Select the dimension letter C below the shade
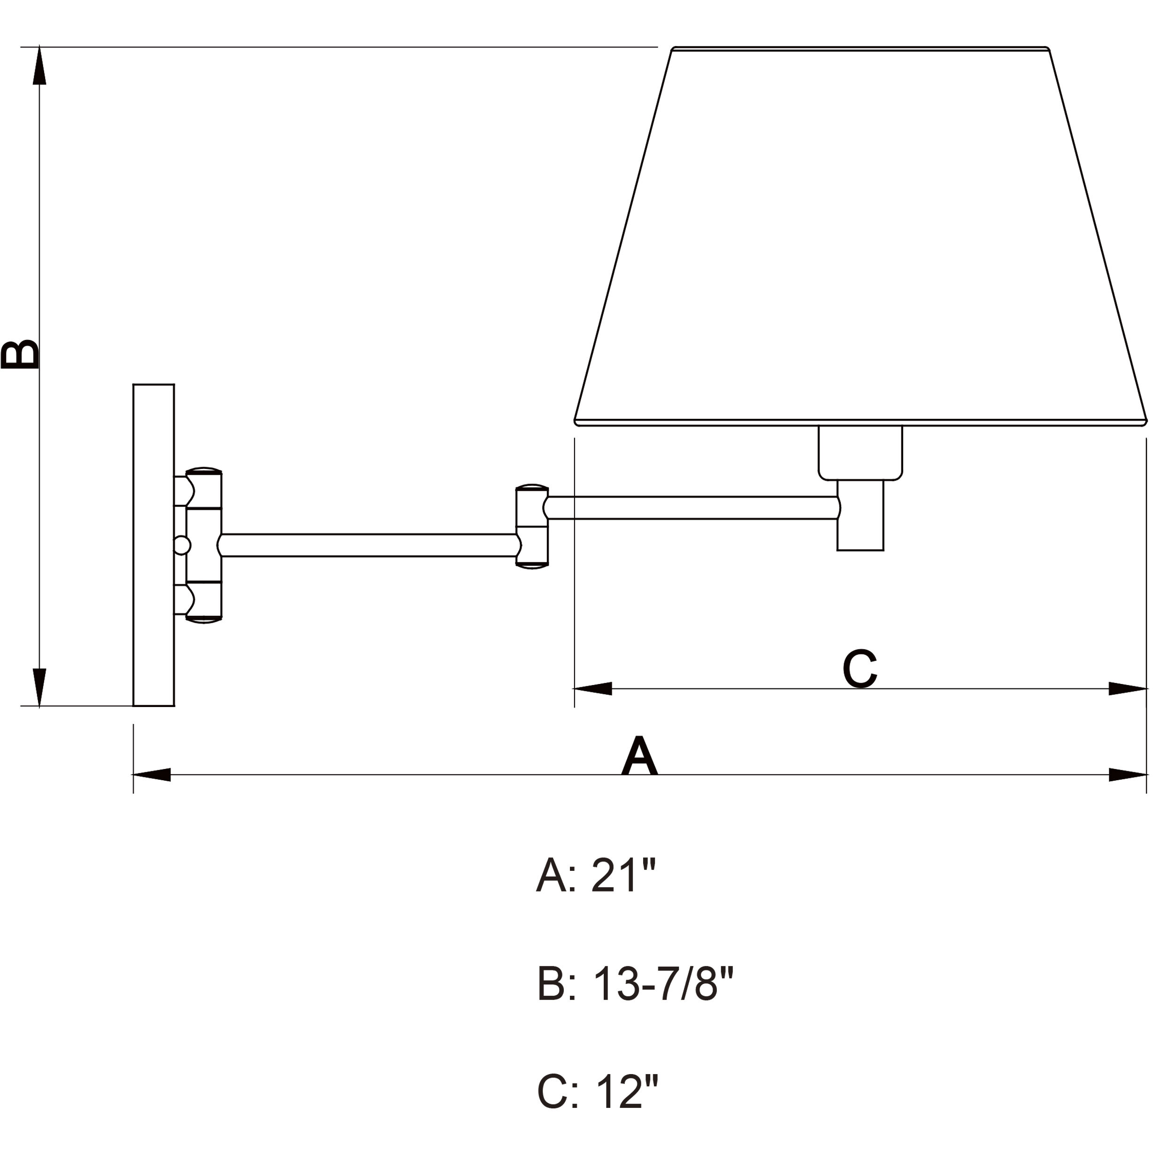tap(860, 669)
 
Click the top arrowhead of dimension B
tap(39, 66)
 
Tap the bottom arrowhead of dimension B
tap(39, 687)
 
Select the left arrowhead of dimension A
tap(152, 775)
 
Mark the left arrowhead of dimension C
tap(593, 688)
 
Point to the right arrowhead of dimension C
tap(1127, 688)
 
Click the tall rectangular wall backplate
tap(154, 545)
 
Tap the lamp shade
tap(860, 238)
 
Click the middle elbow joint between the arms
tap(532, 526)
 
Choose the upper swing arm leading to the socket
tap(692, 507)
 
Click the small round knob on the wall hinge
tap(181, 545)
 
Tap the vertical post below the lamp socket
tap(860, 517)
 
